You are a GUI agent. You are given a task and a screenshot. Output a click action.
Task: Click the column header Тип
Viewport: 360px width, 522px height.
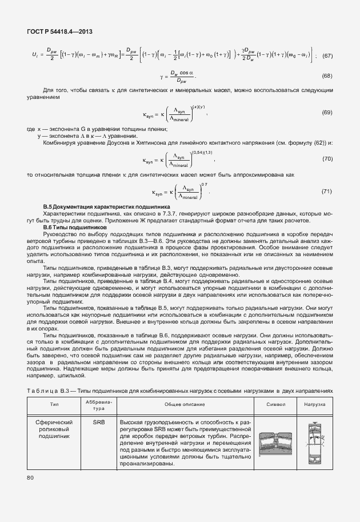pos(54,404)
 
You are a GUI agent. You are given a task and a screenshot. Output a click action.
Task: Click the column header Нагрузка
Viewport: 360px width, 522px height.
pos(314,404)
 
